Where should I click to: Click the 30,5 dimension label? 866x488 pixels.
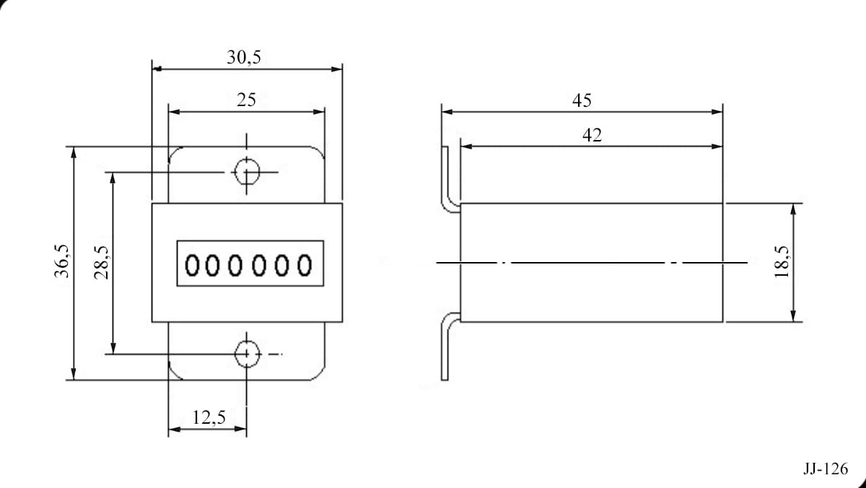[x=244, y=57]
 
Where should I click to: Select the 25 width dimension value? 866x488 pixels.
[x=246, y=100]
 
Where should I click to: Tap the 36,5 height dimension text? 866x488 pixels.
[x=62, y=261]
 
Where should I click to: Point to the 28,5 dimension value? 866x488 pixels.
[x=101, y=263]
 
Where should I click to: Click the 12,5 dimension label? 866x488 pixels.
[x=209, y=418]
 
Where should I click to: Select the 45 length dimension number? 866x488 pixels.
[x=582, y=100]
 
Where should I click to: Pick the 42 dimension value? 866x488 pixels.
[x=592, y=135]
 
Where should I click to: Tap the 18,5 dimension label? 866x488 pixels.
[x=782, y=262]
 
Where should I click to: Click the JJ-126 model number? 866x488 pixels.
[x=826, y=469]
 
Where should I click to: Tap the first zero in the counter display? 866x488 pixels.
[x=192, y=265]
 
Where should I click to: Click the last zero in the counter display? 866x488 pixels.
[x=305, y=265]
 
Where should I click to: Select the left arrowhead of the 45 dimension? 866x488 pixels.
[x=447, y=112]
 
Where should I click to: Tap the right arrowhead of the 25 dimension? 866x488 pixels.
[x=318, y=112]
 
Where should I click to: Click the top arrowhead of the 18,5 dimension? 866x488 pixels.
[x=793, y=209]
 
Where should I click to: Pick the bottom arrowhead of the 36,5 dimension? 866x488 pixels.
[x=74, y=374]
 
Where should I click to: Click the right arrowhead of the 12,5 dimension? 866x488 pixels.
[x=240, y=429]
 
